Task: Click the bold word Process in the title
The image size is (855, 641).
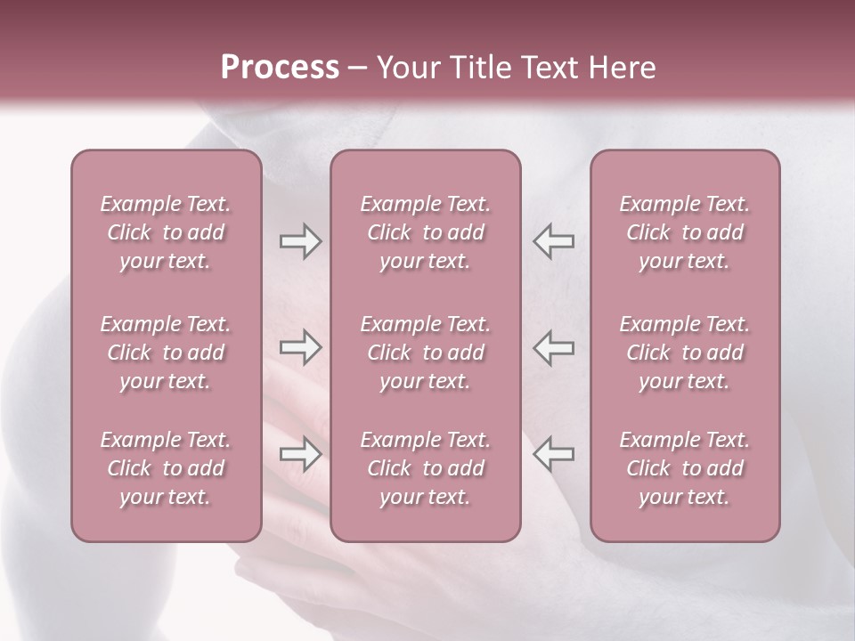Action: tap(280, 68)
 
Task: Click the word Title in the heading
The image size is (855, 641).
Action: tap(479, 68)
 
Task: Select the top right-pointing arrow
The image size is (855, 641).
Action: tap(301, 241)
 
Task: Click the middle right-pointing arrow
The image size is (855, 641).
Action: tap(301, 347)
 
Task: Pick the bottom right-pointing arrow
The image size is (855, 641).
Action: tap(301, 453)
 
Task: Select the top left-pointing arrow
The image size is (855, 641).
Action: tap(553, 241)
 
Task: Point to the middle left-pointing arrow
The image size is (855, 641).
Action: tap(553, 347)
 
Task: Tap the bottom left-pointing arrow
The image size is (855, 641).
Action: tap(553, 453)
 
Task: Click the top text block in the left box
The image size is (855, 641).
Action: tap(166, 232)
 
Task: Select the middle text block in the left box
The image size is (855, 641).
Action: tap(166, 353)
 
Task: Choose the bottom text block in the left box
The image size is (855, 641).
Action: tap(166, 468)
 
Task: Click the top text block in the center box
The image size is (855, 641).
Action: tap(426, 232)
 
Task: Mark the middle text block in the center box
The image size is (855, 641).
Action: tap(426, 353)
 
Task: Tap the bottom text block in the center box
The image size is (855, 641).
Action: tap(426, 468)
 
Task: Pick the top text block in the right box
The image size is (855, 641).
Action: tap(685, 232)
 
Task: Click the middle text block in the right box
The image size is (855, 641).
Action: tap(685, 353)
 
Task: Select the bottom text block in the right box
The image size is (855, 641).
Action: tap(685, 468)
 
